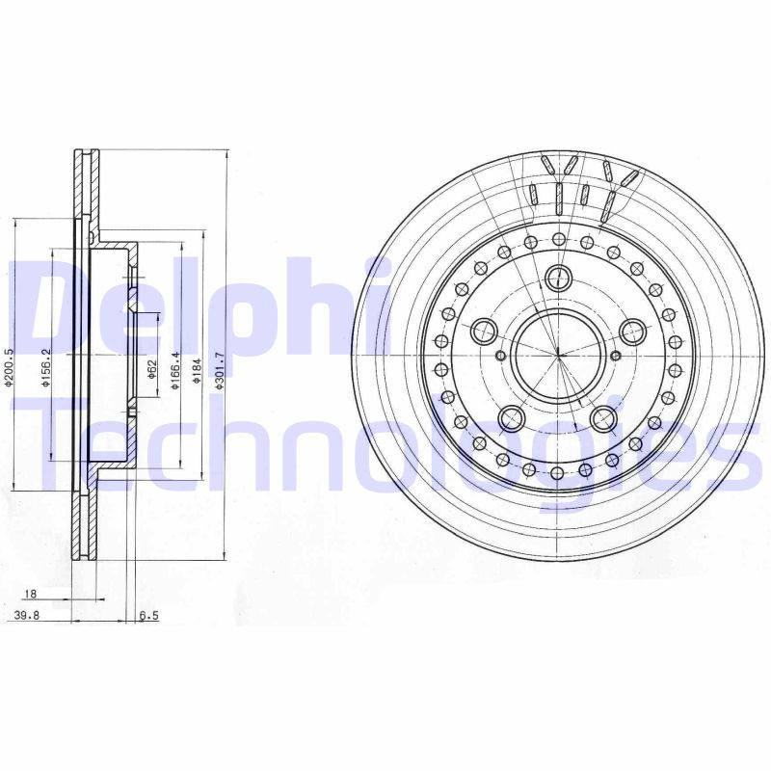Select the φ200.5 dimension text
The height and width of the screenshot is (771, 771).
coord(9,367)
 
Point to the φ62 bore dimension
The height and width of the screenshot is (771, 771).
coord(152,368)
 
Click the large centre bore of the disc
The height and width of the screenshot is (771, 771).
coord(557,355)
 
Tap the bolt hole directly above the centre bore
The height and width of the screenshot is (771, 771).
coord(558,279)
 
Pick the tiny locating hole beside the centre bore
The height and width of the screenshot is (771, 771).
coord(616,357)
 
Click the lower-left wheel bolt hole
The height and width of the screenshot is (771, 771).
coord(512,418)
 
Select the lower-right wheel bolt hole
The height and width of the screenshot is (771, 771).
coord(604,418)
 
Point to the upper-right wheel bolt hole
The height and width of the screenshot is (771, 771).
coord(632,332)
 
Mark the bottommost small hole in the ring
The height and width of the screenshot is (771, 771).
coord(558,472)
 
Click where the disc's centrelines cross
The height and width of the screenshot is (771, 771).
coord(558,355)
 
